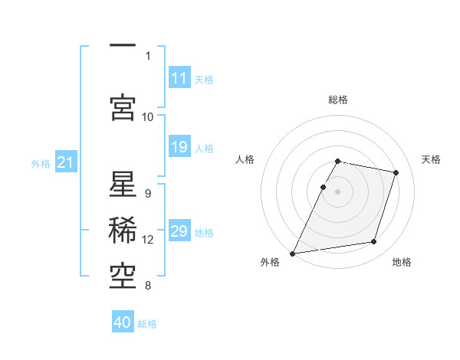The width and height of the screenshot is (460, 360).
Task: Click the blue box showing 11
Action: click(x=179, y=78)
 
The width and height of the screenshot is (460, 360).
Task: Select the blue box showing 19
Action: click(x=179, y=147)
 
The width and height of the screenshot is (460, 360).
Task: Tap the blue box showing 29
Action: click(x=179, y=231)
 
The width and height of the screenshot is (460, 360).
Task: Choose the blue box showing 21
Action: click(x=65, y=162)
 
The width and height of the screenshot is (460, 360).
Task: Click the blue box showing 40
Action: click(x=123, y=322)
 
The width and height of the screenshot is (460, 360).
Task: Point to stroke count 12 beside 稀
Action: click(x=148, y=240)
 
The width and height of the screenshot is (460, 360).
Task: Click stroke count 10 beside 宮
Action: click(x=148, y=116)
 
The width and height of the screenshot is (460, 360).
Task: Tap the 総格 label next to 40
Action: click(x=147, y=324)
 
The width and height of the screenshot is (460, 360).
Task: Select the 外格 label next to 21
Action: click(x=41, y=163)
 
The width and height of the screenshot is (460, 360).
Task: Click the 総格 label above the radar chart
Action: click(x=337, y=100)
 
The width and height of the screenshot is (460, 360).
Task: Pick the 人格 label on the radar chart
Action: click(x=245, y=159)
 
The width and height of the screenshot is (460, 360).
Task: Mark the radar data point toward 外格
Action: click(x=292, y=254)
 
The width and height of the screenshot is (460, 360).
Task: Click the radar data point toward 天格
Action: click(x=396, y=172)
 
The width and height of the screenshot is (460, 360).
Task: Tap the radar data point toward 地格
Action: click(x=374, y=242)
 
